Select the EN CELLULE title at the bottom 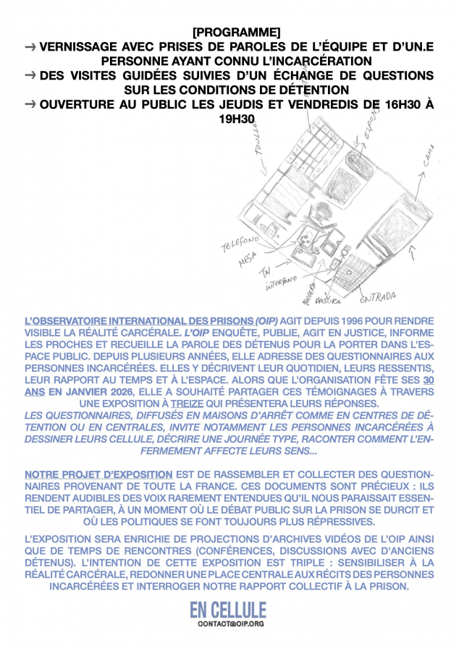coord(228,608)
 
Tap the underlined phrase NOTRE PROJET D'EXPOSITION coord(98,475)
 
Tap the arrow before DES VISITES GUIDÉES coord(30,75)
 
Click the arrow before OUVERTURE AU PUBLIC coord(30,104)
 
